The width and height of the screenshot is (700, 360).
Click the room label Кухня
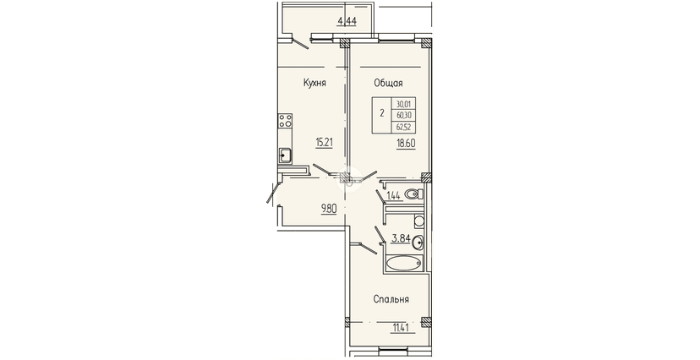314,82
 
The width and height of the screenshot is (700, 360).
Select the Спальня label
392,299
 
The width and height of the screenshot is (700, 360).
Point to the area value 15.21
325,143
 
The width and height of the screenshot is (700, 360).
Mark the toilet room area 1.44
393,197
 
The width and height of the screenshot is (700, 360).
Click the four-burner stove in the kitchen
285,120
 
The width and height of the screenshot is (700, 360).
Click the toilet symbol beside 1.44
413,194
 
